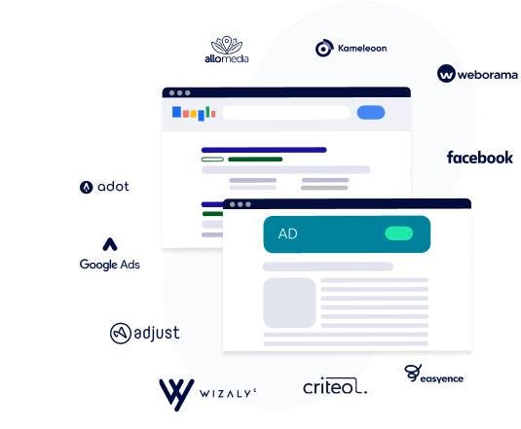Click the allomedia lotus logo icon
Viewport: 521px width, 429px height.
click(x=227, y=45)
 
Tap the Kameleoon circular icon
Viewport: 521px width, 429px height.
click(x=324, y=48)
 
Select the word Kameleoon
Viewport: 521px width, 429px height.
click(x=362, y=48)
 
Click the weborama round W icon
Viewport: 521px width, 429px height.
click(x=446, y=73)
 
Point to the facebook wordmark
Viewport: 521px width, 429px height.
click(x=479, y=158)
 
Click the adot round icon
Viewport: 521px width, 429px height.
click(x=86, y=187)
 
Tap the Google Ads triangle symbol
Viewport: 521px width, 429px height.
click(x=110, y=244)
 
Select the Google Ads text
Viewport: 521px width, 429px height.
click(x=110, y=265)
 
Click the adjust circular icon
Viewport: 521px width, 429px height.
click(x=121, y=333)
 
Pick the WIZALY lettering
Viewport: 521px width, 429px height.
click(x=228, y=394)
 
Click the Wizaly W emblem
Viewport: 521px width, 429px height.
click(x=176, y=395)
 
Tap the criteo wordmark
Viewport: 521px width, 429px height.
click(x=335, y=386)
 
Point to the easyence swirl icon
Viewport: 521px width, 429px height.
click(x=413, y=373)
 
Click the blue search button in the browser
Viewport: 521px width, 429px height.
click(x=371, y=112)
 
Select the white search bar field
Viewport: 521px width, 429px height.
click(x=286, y=113)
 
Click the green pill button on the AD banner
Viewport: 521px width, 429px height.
click(x=398, y=233)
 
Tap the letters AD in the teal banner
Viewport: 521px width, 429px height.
click(x=287, y=233)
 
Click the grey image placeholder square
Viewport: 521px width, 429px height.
click(x=289, y=303)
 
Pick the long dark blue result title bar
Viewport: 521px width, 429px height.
click(x=264, y=150)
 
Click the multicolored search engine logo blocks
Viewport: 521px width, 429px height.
click(x=194, y=113)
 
